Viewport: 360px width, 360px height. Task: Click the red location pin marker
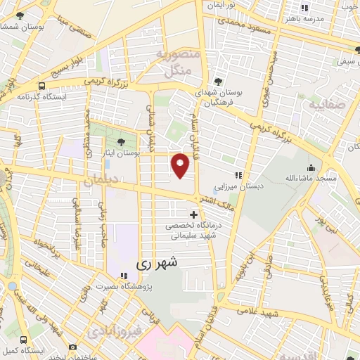[181, 165]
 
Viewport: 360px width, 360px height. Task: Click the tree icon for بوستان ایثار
[129, 144]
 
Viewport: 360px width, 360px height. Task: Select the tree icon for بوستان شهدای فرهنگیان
[219, 81]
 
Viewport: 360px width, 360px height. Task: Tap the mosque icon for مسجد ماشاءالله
[311, 167]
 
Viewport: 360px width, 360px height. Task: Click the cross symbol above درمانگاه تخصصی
[194, 214]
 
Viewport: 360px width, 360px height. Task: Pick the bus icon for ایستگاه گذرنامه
[42, 86]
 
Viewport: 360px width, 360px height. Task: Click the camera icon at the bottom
[72, 347]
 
